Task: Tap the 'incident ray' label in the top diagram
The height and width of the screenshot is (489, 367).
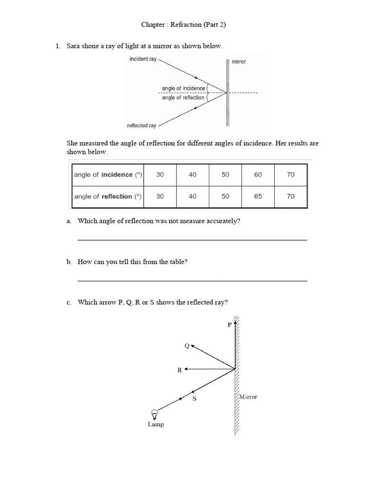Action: [143, 59]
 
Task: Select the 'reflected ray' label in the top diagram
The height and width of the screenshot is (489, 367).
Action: [141, 126]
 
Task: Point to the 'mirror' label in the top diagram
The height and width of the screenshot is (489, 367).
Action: [239, 62]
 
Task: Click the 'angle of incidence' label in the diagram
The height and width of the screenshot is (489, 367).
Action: [183, 88]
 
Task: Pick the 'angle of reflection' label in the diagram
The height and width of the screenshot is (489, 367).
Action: [183, 97]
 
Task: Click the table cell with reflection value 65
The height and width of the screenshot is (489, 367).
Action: [258, 196]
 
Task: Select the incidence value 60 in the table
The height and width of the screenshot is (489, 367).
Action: [258, 175]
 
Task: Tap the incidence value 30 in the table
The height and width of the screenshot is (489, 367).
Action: [160, 175]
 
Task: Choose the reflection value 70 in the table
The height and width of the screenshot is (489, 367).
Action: [291, 196]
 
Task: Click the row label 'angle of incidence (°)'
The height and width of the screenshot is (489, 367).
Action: [108, 175]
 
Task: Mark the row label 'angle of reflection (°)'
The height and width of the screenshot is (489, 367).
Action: [108, 196]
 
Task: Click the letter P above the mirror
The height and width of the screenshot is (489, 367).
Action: [229, 325]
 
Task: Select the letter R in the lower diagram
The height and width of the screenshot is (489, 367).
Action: [180, 370]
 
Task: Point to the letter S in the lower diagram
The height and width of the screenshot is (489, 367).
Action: [194, 399]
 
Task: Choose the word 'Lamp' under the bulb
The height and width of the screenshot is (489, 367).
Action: [156, 425]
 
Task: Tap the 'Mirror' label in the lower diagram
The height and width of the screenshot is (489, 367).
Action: [248, 397]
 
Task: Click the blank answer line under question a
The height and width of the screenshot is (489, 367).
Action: [192, 239]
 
